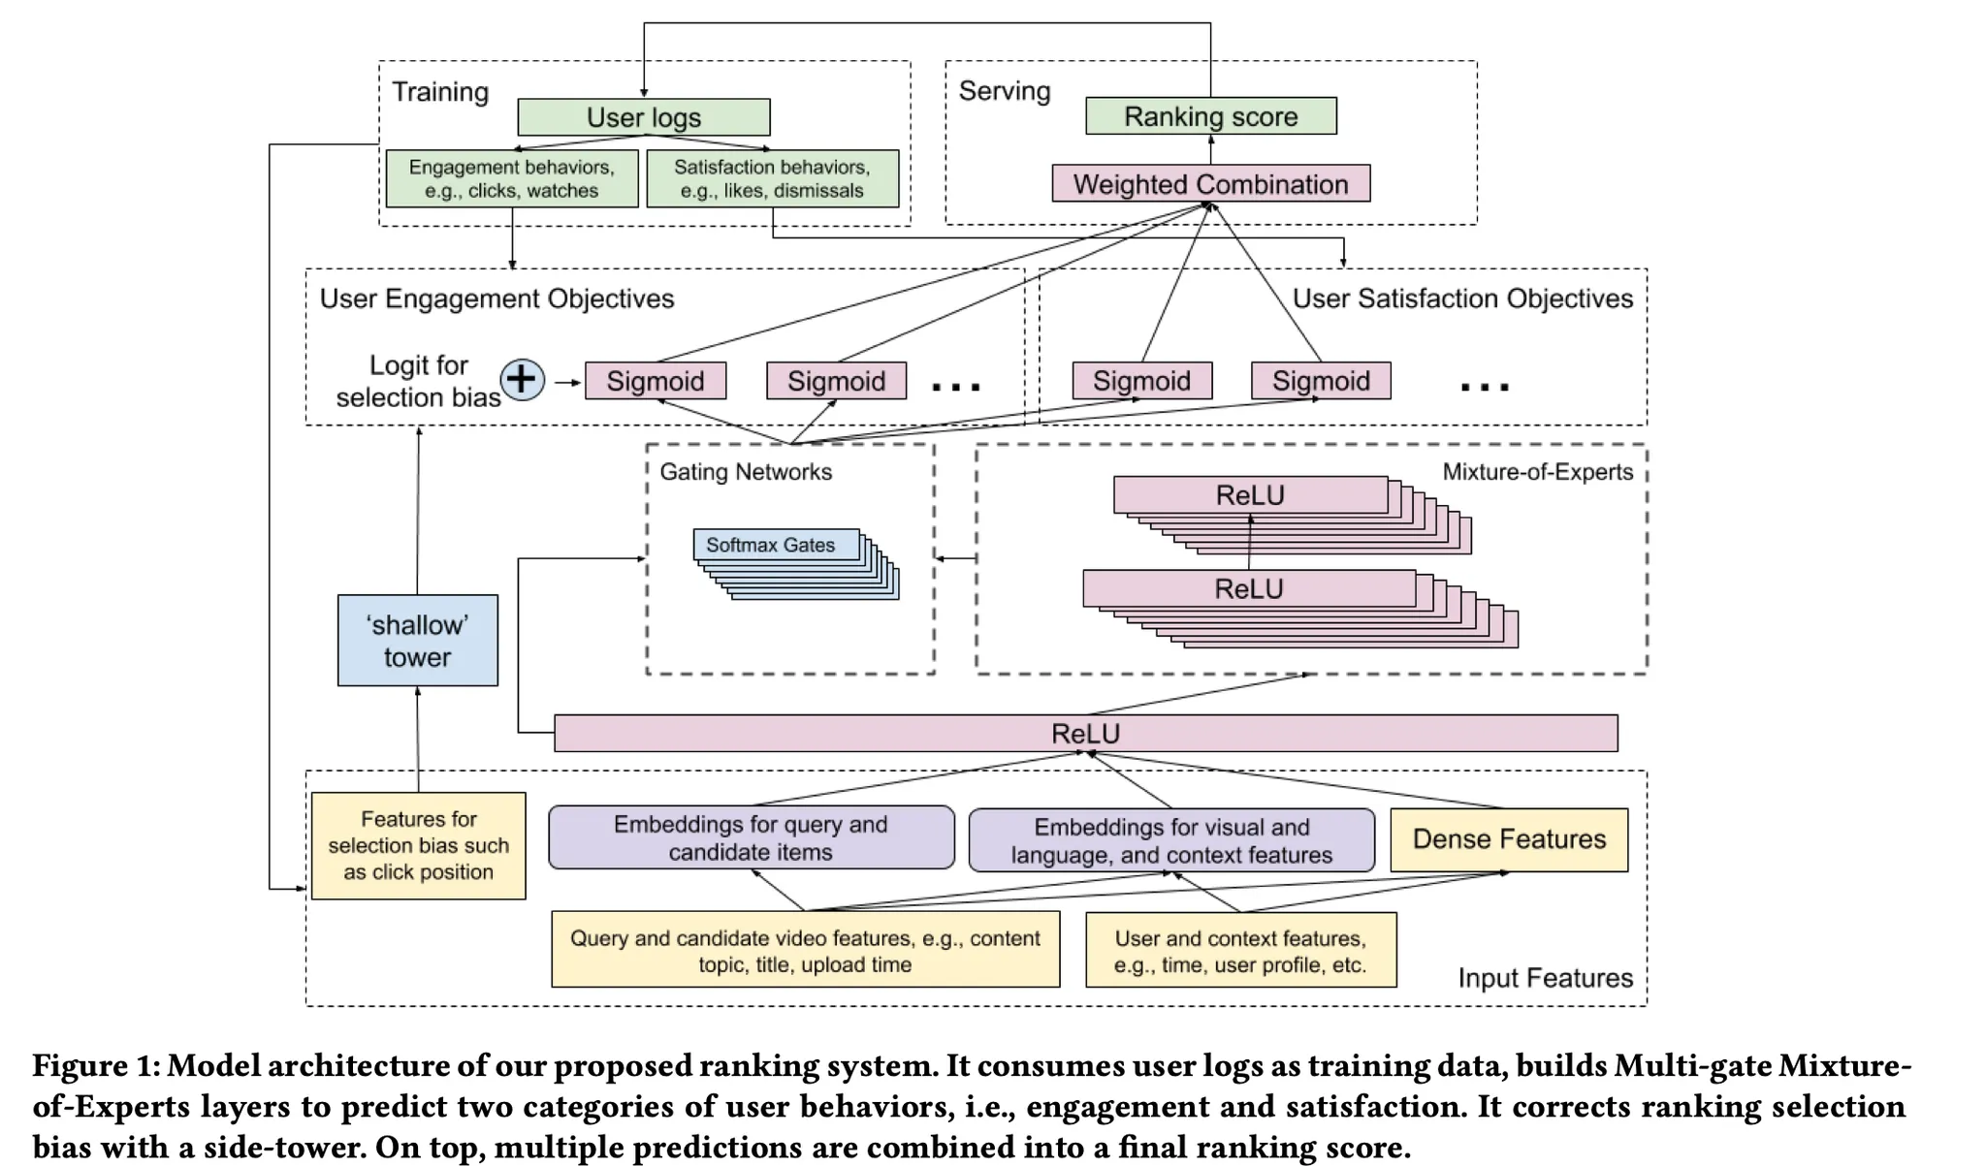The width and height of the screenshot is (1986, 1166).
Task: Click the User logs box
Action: point(644,117)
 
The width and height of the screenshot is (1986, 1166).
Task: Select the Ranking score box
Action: point(1210,116)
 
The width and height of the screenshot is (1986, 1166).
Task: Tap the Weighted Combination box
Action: point(1210,183)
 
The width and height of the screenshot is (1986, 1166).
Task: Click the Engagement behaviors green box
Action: point(512,178)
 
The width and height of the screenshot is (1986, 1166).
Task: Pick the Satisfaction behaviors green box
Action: point(772,178)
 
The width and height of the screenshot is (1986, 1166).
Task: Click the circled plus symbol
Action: point(523,379)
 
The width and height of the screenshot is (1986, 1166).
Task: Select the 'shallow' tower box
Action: point(418,641)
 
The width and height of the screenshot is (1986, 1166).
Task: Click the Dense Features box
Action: point(1509,839)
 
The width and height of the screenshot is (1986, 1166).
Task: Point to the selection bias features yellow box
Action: point(419,845)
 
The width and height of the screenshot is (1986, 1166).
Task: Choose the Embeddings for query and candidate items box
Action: point(751,837)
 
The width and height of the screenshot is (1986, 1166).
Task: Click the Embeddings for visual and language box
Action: point(1171,840)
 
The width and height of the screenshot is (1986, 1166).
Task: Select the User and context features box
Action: point(1240,951)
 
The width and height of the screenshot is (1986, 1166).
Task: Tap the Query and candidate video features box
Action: point(805,951)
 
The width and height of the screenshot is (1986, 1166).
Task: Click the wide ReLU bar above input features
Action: point(1085,734)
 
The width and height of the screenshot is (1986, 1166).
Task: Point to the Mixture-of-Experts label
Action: point(1537,472)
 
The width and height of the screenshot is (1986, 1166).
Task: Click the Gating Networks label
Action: point(746,472)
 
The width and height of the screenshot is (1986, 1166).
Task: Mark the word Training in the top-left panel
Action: point(440,92)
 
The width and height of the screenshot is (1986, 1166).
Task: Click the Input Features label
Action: point(1545,978)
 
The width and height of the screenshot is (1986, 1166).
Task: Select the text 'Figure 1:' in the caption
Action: point(95,1066)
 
